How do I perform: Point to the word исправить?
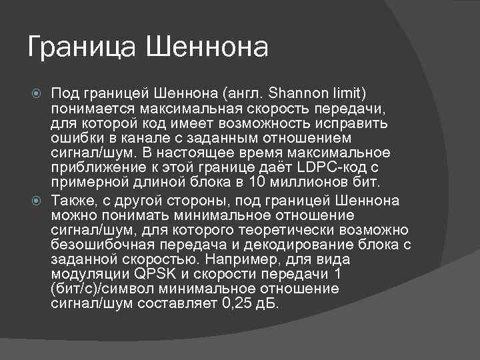click(354, 123)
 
